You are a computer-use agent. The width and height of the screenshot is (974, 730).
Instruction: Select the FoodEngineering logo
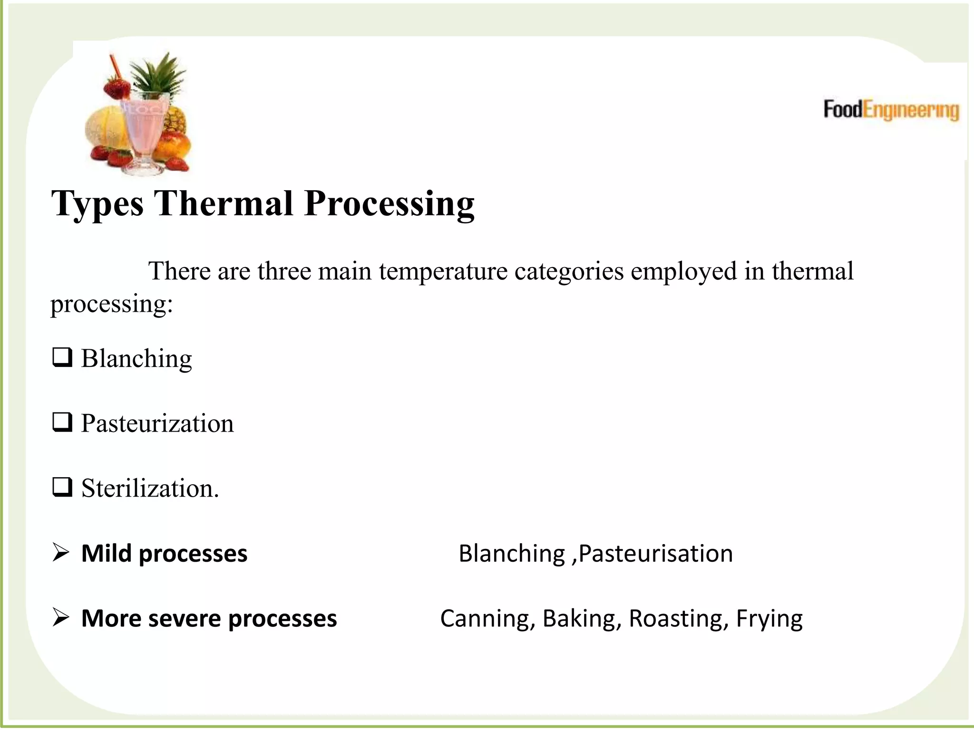click(x=891, y=110)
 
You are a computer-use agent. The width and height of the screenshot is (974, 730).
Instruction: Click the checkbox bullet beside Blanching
click(x=62, y=357)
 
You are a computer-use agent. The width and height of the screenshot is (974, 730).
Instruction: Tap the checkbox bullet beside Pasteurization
click(x=62, y=422)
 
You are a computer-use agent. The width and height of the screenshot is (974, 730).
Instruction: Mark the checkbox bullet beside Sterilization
click(x=62, y=487)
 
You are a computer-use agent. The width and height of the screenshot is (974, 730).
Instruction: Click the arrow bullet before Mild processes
click(x=61, y=553)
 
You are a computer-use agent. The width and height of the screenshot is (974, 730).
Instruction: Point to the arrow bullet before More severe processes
click(x=61, y=618)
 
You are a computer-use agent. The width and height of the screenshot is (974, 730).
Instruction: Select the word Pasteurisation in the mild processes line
click(x=656, y=554)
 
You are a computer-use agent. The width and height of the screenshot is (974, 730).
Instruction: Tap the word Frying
click(x=769, y=619)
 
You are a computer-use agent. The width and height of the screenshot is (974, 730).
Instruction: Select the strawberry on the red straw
click(x=117, y=88)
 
